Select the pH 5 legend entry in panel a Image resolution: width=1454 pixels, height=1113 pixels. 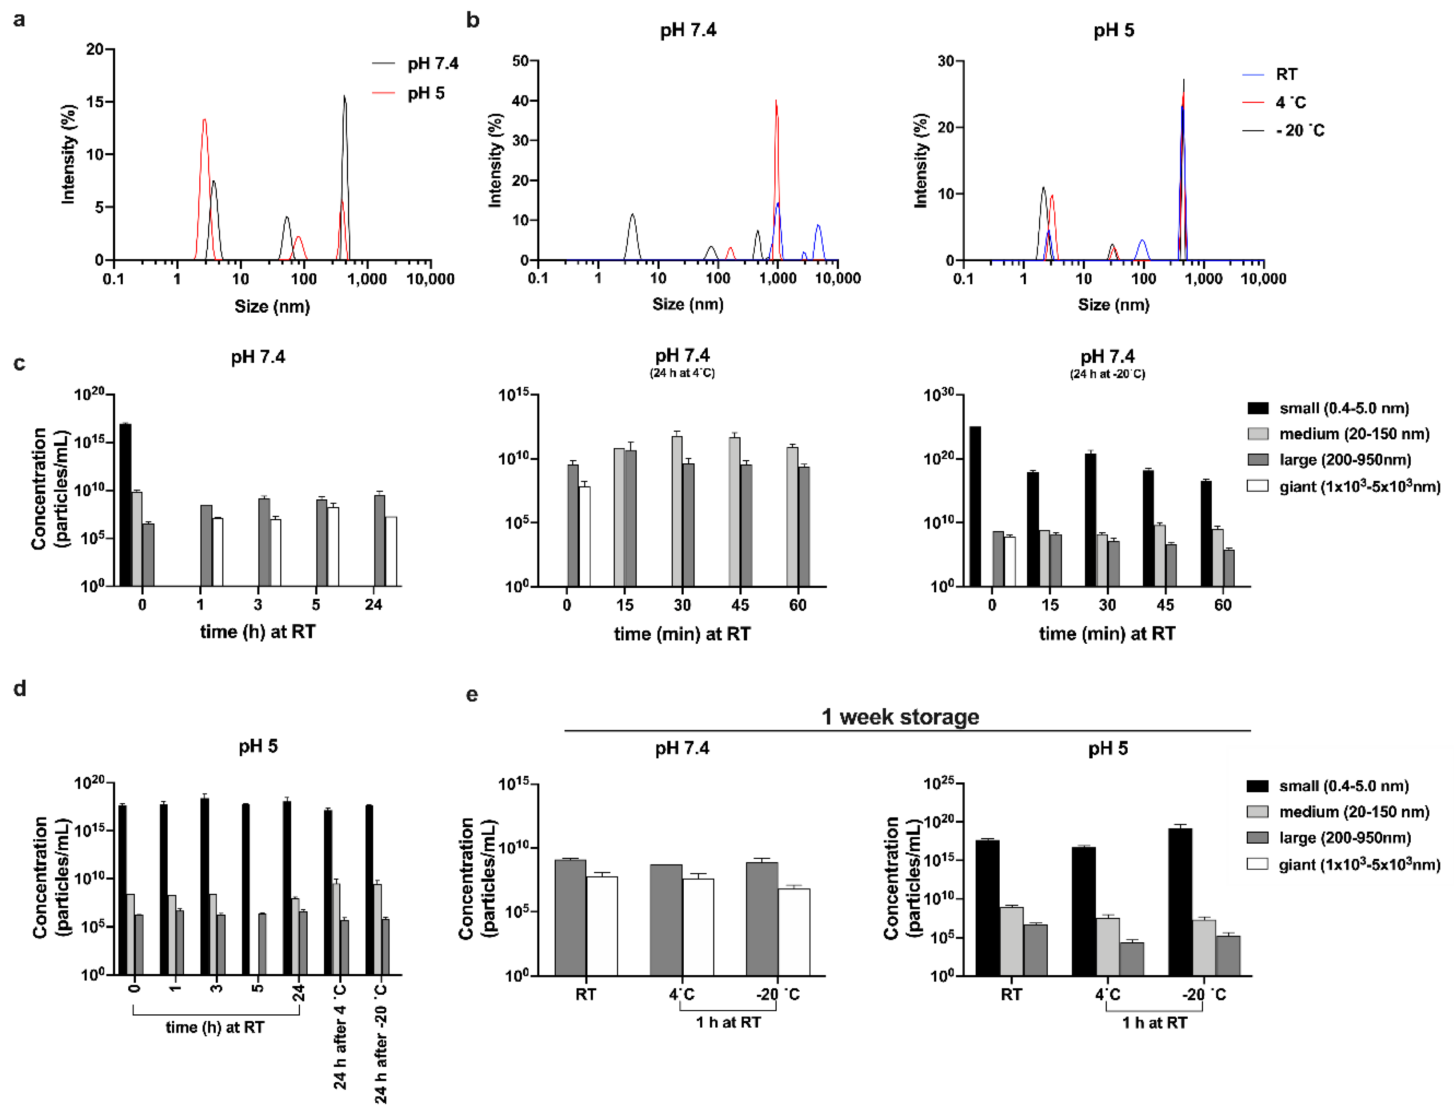[x=425, y=93]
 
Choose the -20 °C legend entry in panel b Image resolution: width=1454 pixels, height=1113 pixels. [x=1299, y=131]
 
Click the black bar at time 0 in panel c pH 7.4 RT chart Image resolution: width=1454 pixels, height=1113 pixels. [x=125, y=503]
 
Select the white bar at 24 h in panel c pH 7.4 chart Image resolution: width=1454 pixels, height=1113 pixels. [x=391, y=551]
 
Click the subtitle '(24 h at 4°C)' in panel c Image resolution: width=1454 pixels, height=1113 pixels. [x=682, y=374]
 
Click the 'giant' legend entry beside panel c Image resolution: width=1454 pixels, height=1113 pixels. [x=1359, y=487]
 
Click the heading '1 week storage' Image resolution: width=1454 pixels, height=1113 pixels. [x=900, y=717]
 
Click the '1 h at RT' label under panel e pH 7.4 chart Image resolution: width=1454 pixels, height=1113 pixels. [x=728, y=1022]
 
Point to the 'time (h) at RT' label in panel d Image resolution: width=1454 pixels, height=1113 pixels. [x=215, y=1028]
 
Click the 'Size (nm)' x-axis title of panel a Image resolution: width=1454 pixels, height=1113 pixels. [x=272, y=307]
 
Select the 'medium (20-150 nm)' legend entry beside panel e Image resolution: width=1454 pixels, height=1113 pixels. [x=1353, y=812]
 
